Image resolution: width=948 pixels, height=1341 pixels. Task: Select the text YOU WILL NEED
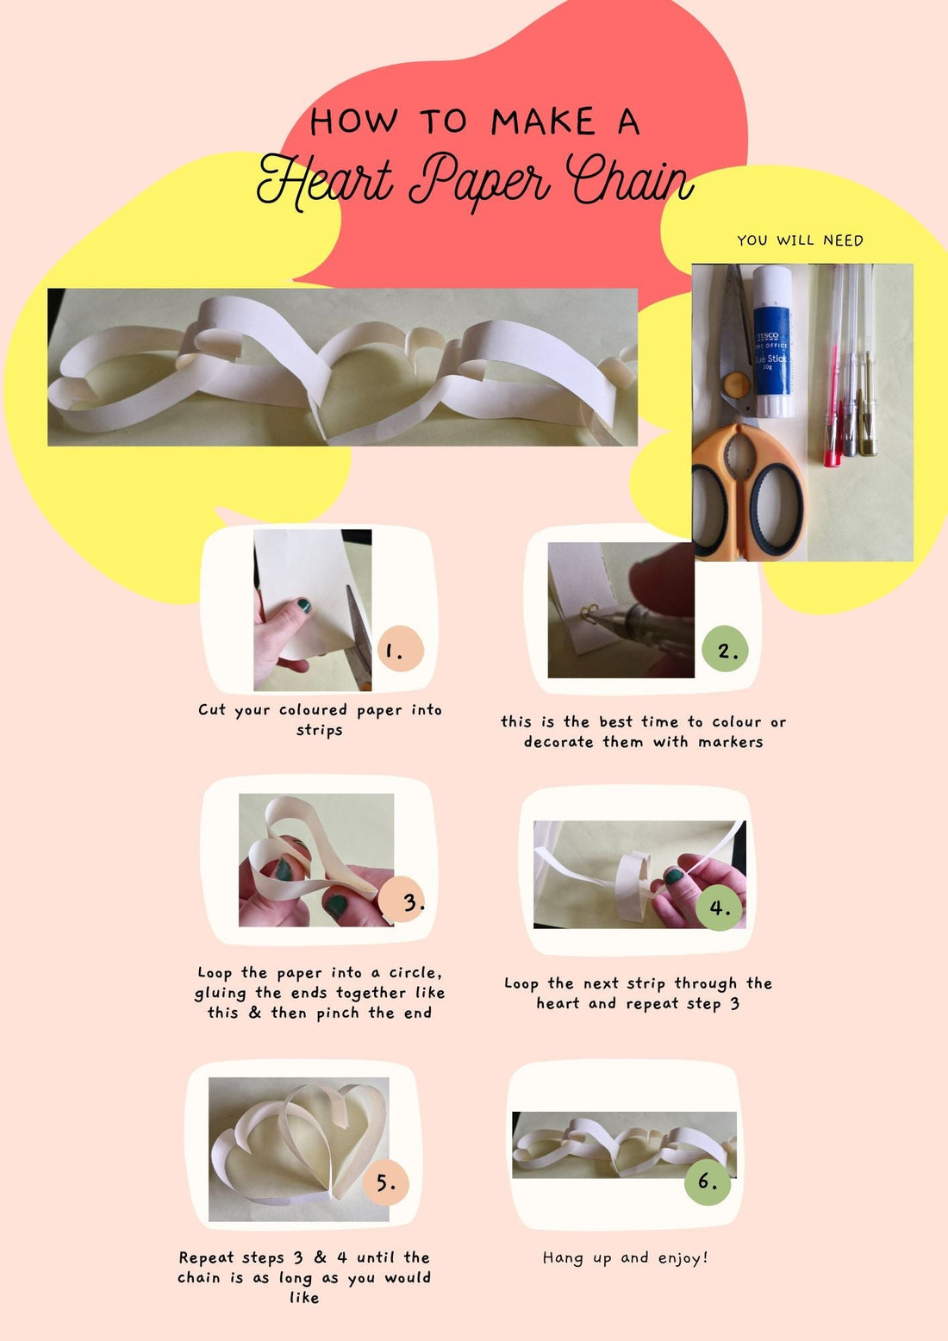point(800,240)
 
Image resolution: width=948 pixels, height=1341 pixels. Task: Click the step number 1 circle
point(400,651)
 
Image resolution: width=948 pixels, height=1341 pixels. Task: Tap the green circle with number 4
point(719,908)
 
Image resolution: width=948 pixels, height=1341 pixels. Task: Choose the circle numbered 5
point(385,1182)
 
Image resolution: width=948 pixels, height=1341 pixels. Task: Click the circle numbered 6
point(707,1181)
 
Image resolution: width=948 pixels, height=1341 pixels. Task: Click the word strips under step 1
point(320,730)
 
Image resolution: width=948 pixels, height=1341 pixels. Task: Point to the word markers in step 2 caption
point(730,742)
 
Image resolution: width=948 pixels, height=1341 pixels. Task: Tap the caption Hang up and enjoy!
point(626,1258)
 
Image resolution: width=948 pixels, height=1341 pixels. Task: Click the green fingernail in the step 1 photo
point(303,606)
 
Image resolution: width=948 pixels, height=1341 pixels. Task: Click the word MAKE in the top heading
point(543,122)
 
